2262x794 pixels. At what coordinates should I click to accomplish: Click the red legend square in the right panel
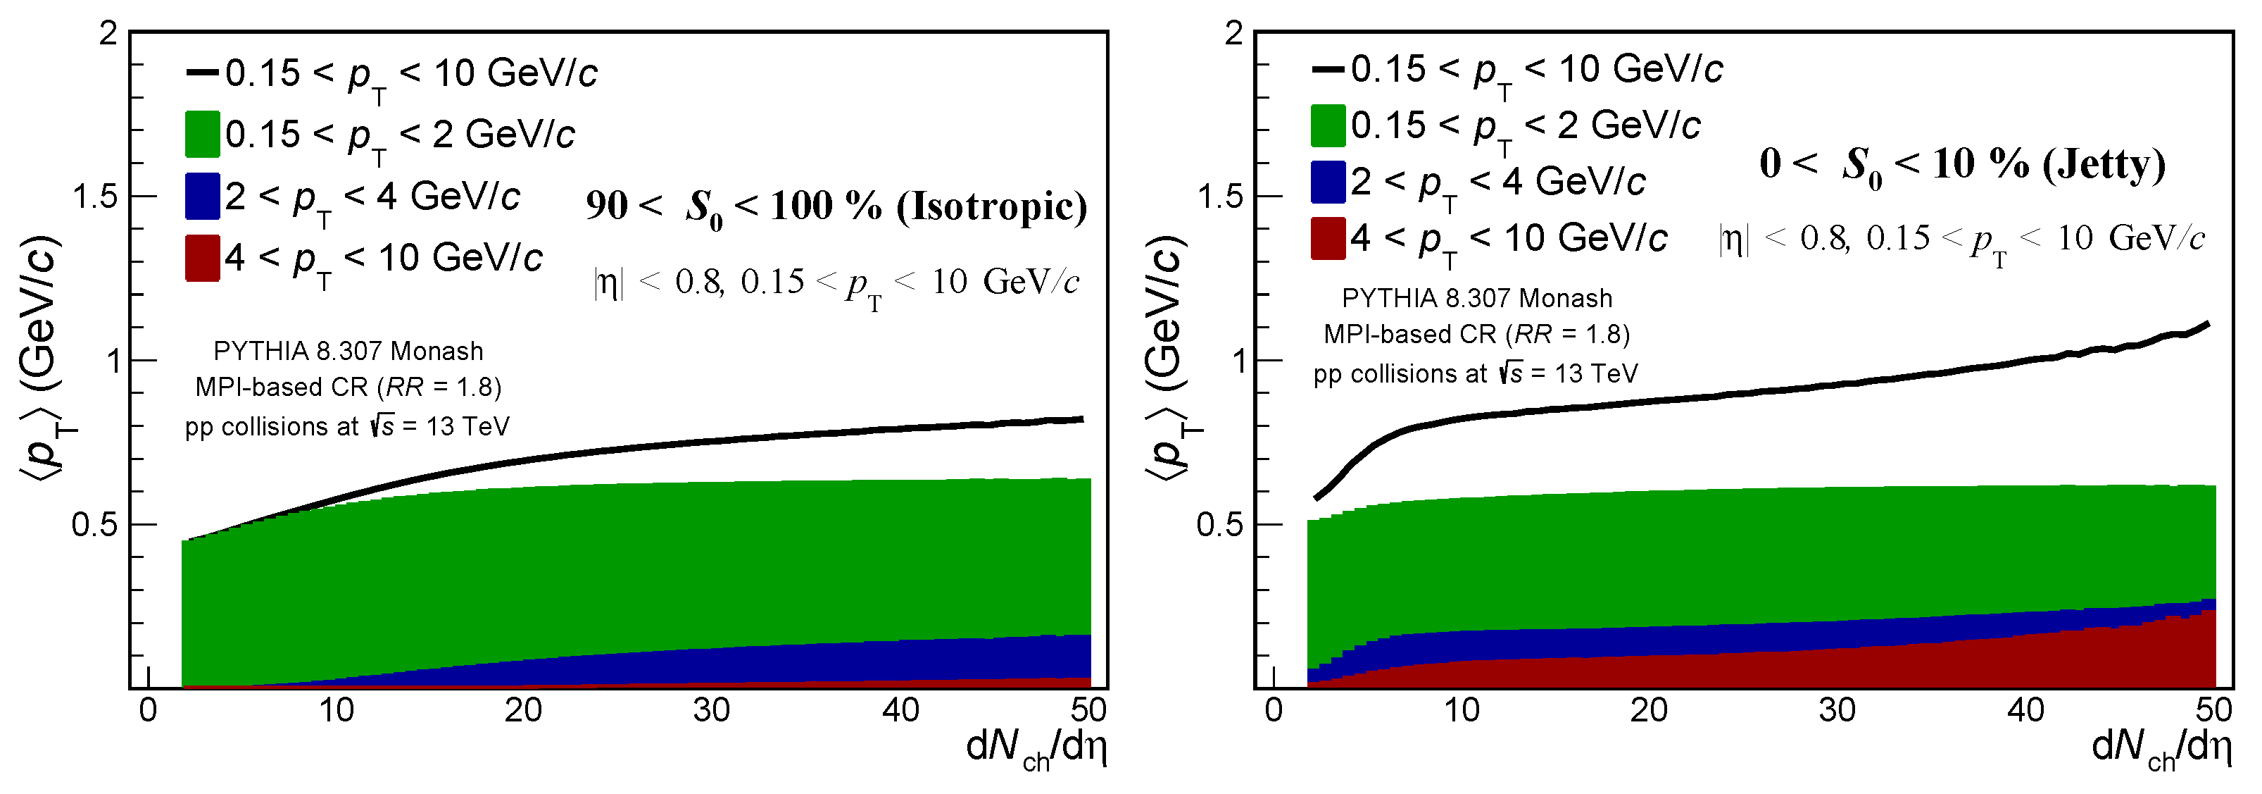pyautogui.click(x=1328, y=238)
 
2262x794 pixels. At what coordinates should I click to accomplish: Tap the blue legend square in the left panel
pyautogui.click(x=202, y=196)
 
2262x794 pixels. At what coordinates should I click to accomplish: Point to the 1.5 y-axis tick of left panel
pyautogui.click(x=95, y=196)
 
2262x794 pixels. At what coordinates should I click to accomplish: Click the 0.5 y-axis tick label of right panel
pyautogui.click(x=1219, y=524)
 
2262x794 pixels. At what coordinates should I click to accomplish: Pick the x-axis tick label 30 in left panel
pyautogui.click(x=711, y=709)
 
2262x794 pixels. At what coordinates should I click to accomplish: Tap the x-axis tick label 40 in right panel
pyautogui.click(x=2025, y=709)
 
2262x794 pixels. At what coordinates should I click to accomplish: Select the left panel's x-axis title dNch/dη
pyautogui.click(x=1036, y=748)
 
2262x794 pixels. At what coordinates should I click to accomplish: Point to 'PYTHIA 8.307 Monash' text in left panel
pyautogui.click(x=348, y=352)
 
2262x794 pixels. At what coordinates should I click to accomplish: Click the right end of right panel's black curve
pyautogui.click(x=2206, y=324)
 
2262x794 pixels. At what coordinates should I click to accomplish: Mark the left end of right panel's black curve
pyautogui.click(x=1315, y=498)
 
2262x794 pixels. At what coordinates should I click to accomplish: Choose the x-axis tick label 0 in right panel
pyautogui.click(x=1274, y=709)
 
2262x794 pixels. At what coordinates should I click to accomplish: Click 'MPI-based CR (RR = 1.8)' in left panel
pyautogui.click(x=348, y=387)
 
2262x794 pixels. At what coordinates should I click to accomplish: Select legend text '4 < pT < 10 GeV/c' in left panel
pyautogui.click(x=383, y=259)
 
